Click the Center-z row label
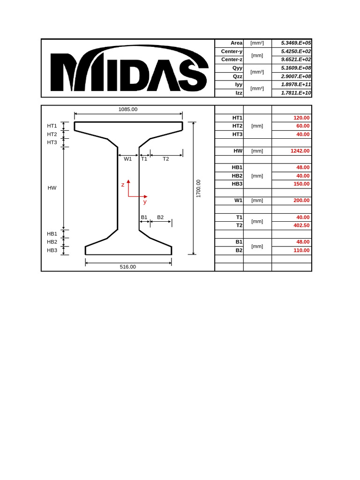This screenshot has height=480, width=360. (232, 60)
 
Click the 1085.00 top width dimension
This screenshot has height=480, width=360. (128, 109)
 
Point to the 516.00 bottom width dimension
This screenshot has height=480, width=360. (127, 267)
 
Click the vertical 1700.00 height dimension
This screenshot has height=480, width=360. (198, 188)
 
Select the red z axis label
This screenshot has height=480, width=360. (123, 185)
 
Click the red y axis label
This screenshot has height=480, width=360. (145, 202)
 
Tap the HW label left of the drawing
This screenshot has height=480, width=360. (52, 188)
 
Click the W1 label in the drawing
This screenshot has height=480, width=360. (127, 159)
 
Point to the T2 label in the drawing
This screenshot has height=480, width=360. (165, 159)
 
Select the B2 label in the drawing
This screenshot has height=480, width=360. (160, 217)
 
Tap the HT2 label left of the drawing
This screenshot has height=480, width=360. (52, 134)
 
